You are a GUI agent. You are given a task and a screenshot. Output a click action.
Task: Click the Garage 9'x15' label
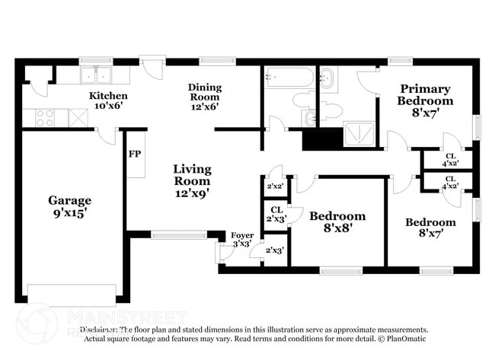pos(69,207)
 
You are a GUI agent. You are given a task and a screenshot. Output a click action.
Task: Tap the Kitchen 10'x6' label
pos(108,101)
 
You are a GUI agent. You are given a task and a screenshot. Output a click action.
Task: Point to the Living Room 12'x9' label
pos(192,181)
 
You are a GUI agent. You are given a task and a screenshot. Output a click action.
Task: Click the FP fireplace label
pos(135,154)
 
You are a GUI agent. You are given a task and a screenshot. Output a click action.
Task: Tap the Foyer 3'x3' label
pos(242,240)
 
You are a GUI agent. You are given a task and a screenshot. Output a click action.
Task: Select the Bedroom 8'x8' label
pos(337,222)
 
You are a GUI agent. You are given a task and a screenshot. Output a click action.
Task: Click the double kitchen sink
pos(95,75)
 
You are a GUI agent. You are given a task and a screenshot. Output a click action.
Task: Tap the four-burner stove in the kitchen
pos(43,118)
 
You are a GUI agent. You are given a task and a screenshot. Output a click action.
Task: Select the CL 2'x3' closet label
pos(276,215)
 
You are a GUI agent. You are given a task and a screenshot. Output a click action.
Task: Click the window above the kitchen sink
pos(96,61)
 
